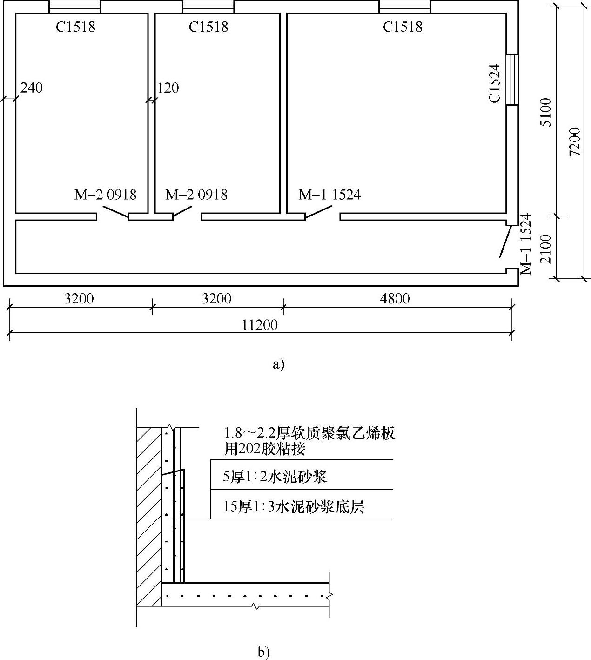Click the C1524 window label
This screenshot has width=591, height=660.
(495, 83)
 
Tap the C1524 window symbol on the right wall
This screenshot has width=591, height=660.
(512, 80)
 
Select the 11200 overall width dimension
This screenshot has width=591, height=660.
(260, 325)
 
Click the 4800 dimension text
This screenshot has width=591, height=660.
(395, 298)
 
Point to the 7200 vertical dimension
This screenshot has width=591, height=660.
(575, 141)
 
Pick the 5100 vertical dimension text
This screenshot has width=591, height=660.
(546, 112)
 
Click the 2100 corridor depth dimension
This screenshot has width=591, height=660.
(546, 249)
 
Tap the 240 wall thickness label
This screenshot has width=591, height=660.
(32, 88)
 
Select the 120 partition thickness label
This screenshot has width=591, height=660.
(168, 88)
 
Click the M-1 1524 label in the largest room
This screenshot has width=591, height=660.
(329, 195)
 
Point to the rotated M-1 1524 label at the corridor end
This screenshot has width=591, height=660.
(526, 243)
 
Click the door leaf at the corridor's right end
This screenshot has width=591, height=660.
(504, 241)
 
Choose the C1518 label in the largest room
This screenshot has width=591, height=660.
(403, 27)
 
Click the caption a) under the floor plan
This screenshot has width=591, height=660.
(278, 364)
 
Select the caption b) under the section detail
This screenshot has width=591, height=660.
(264, 653)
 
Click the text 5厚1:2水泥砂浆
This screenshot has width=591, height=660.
(275, 477)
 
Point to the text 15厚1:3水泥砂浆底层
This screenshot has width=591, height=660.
(293, 506)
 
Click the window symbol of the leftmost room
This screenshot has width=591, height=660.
(74, 7)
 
